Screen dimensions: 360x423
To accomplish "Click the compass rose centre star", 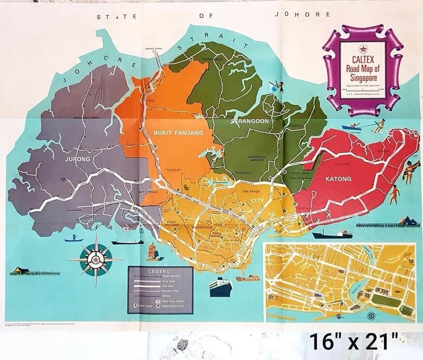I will [x=96, y=260].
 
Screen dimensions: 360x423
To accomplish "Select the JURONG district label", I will [x=78, y=159].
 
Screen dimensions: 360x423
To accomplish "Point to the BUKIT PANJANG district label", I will [x=178, y=132].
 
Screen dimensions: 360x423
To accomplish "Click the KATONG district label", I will [x=338, y=179].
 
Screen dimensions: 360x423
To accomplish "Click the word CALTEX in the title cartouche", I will [x=363, y=57].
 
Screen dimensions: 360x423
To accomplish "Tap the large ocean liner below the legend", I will [x=221, y=286].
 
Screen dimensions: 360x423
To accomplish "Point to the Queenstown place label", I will [x=203, y=228].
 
